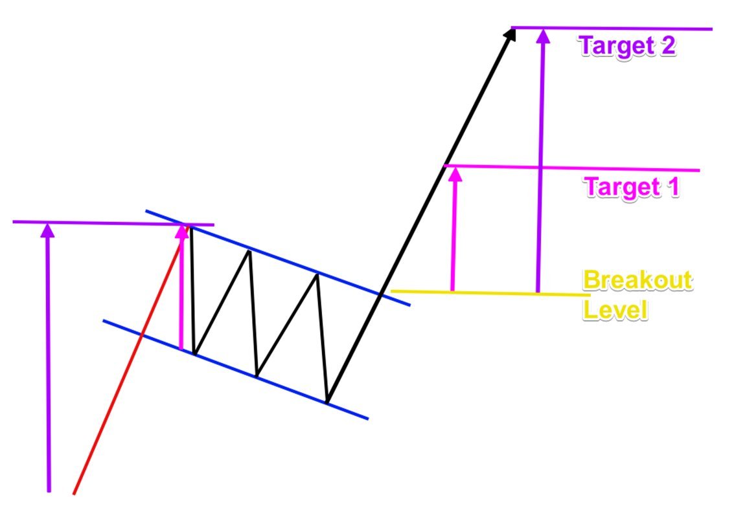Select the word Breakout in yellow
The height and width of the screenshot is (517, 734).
[x=637, y=281]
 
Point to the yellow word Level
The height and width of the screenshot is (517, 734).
[x=615, y=309]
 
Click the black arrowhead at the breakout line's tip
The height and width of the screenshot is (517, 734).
[x=510, y=34]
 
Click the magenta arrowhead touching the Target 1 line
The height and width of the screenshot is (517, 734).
[x=455, y=173]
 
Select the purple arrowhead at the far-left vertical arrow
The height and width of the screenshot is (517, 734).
[x=47, y=230]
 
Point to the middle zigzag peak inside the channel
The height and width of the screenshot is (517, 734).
[x=249, y=250]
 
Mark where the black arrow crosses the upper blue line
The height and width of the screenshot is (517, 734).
[x=382, y=292]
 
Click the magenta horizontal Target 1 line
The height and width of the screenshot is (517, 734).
[x=583, y=169]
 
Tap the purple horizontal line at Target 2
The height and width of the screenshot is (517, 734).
[x=622, y=28]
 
